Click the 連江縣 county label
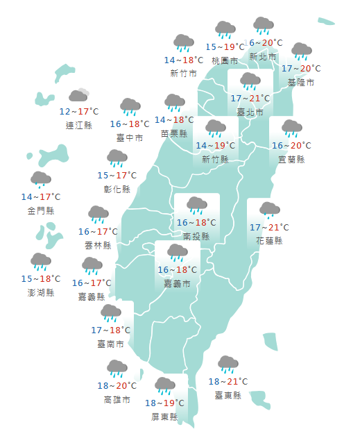78,125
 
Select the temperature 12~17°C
78,111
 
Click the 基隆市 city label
301,82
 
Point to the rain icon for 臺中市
130,107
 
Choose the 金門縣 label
41,210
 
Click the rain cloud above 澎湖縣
41,262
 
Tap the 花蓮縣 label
268,240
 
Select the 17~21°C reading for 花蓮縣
268,227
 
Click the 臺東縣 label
228,395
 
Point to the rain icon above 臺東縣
228,364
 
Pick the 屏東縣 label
164,417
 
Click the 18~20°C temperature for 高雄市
117,385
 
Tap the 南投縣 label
197,236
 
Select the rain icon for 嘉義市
178,253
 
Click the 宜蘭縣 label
291,159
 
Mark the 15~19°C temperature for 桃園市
225,47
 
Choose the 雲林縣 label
98,245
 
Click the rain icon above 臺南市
111,312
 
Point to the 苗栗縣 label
174,133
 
